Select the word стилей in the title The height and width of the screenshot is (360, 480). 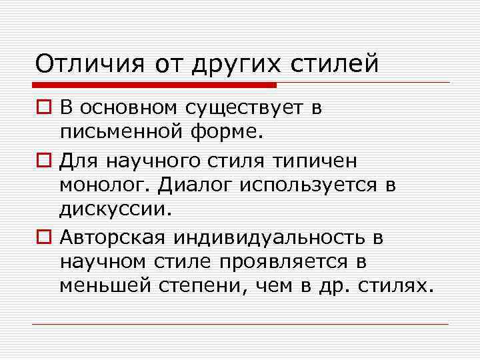click(334, 64)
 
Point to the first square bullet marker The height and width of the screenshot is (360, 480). click(43, 107)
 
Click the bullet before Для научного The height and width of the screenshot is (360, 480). click(43, 161)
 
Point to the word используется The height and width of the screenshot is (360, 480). click(309, 184)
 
